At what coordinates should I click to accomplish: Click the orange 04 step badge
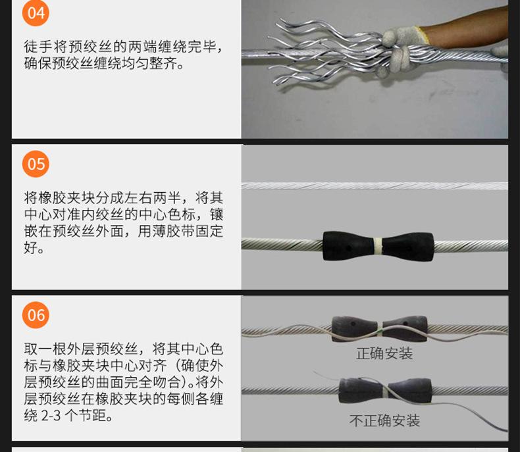[x=36, y=13]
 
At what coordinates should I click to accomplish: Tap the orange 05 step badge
[x=36, y=164]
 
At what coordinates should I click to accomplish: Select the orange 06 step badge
[x=36, y=314]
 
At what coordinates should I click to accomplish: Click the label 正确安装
[x=384, y=353]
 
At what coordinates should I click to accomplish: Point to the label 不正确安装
[x=384, y=420]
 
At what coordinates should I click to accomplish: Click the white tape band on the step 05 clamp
[x=378, y=245]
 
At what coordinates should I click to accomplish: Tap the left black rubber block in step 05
[x=349, y=245]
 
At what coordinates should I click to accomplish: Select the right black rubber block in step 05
[x=408, y=247]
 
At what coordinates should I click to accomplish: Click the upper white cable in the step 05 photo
[x=375, y=186]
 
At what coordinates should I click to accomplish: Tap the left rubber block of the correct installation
[x=355, y=328]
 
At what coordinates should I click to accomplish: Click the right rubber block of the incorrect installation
[x=410, y=391]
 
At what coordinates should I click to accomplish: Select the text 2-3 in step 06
[x=51, y=415]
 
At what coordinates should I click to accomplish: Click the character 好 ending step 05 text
[x=30, y=247]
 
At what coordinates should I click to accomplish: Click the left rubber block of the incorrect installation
[x=361, y=390]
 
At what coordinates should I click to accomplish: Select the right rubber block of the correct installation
[x=405, y=328]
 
